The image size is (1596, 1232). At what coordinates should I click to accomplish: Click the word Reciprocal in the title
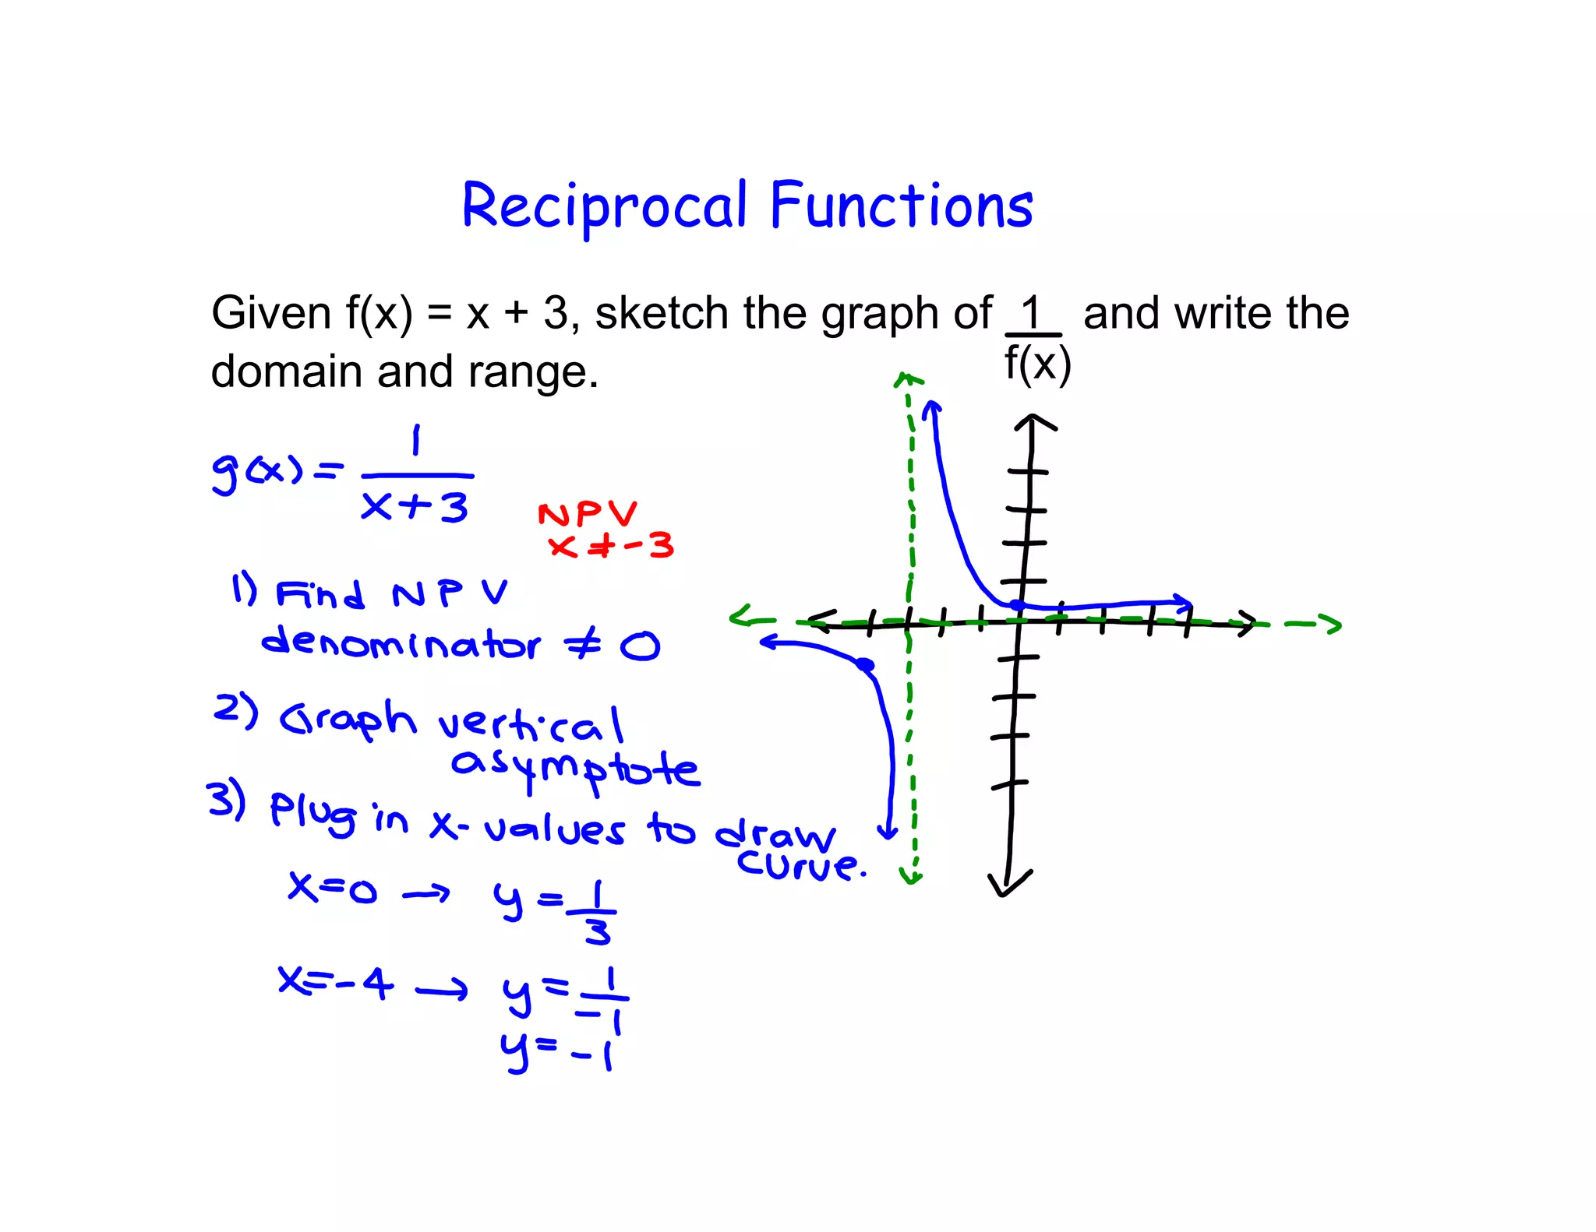(x=604, y=206)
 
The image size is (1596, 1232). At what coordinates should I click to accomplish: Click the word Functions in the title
(x=902, y=206)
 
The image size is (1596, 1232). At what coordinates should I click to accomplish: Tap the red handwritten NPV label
(x=588, y=514)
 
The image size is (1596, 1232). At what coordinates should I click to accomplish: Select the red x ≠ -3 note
(x=611, y=546)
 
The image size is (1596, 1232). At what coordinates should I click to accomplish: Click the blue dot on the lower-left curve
(x=865, y=664)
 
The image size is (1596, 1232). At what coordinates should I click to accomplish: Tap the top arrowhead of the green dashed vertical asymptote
(x=906, y=380)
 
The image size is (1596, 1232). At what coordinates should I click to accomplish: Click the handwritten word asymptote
(x=575, y=769)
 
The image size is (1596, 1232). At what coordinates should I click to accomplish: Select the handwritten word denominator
(x=401, y=643)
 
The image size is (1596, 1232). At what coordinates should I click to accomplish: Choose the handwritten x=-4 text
(x=336, y=984)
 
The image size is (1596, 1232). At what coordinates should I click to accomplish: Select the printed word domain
(x=284, y=371)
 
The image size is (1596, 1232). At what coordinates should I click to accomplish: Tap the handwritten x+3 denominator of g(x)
(x=415, y=507)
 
